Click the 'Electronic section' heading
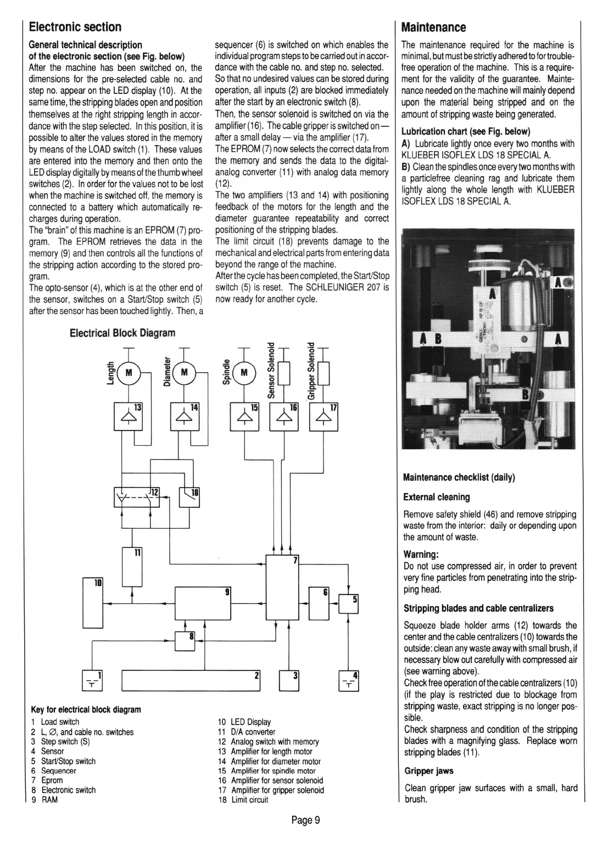click(x=75, y=27)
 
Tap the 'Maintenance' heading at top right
click(x=434, y=27)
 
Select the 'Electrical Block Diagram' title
click(x=122, y=333)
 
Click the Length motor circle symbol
click(x=129, y=373)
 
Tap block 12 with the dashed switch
click(x=136, y=497)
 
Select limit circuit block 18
click(x=189, y=497)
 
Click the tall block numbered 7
click(x=282, y=595)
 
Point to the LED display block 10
click(x=93, y=603)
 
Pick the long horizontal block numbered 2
click(x=191, y=680)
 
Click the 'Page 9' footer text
click(x=305, y=820)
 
